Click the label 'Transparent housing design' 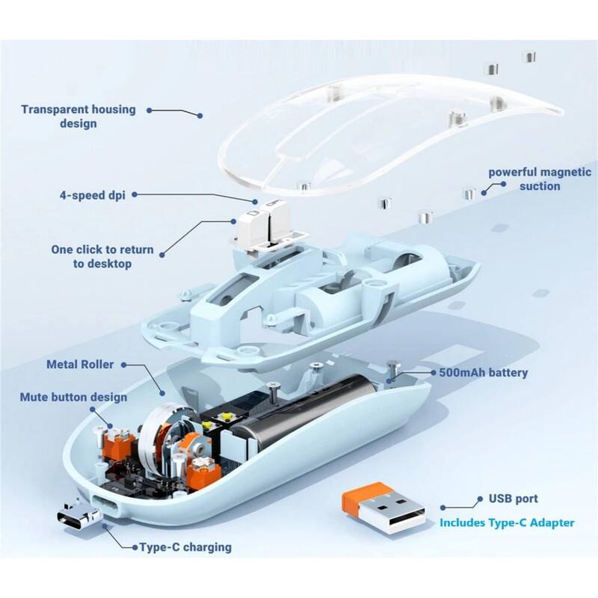click(x=78, y=116)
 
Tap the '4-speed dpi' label click(x=93, y=195)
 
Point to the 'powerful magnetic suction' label click(x=540, y=179)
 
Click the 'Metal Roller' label click(x=80, y=365)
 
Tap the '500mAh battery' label click(x=484, y=372)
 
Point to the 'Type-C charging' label click(x=185, y=547)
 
